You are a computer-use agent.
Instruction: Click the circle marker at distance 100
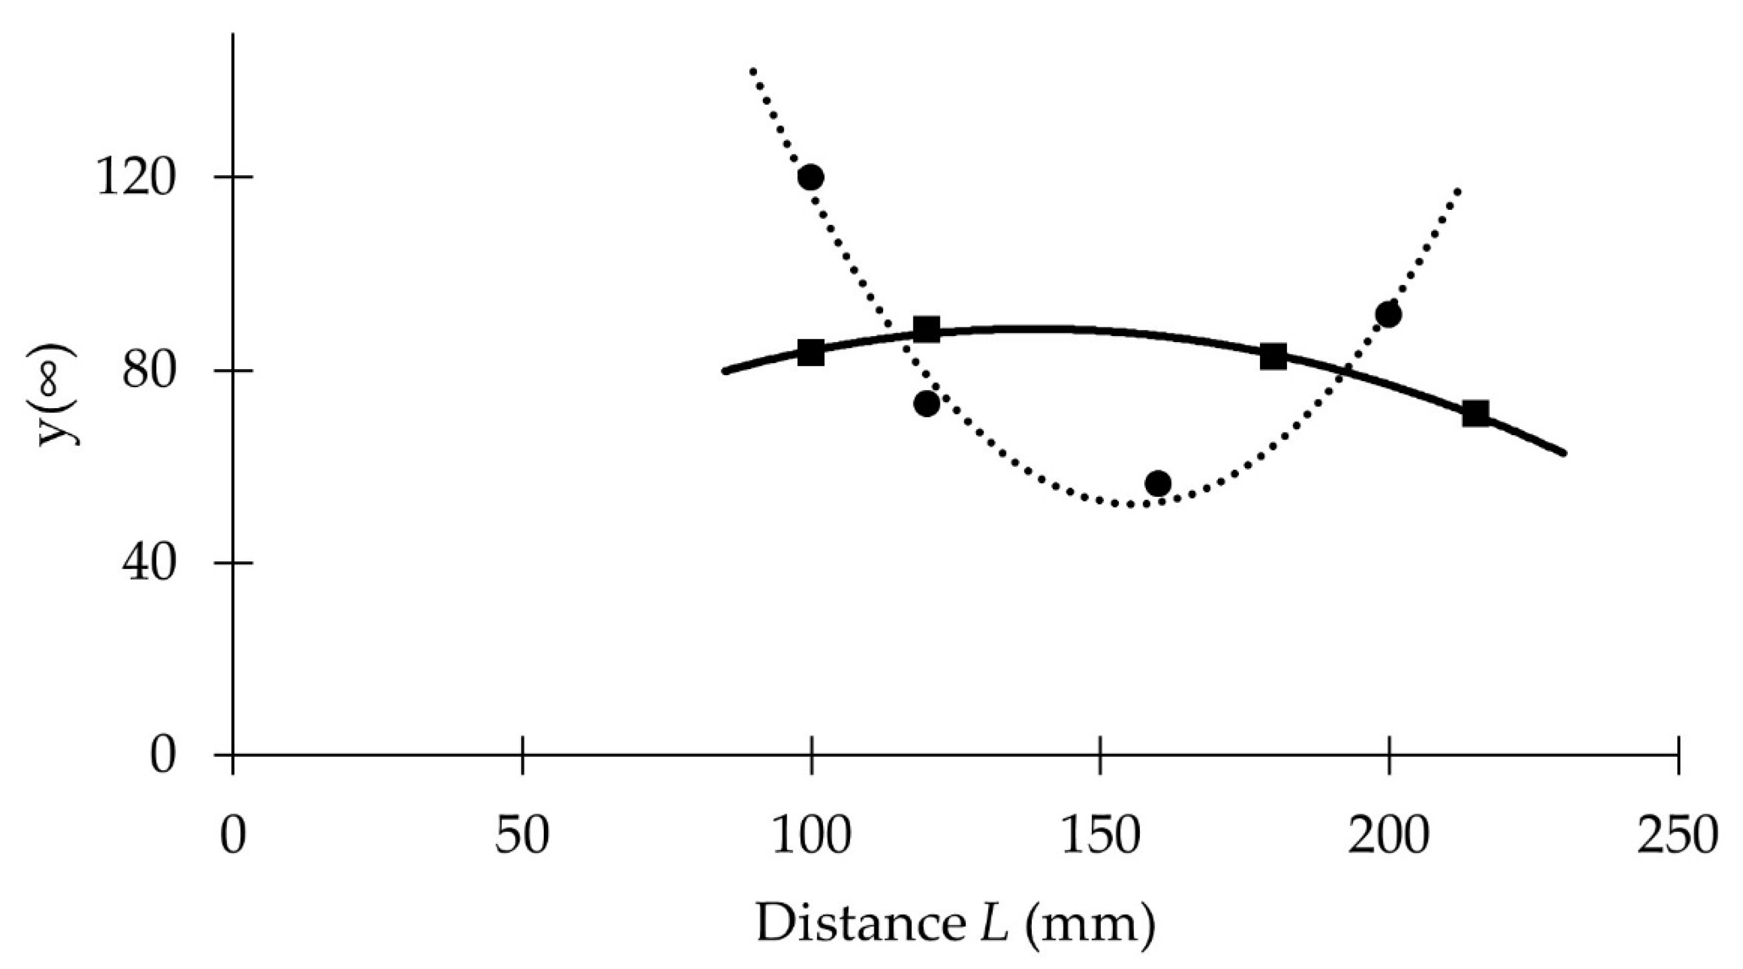pos(810,177)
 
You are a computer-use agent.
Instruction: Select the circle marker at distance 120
pos(926,403)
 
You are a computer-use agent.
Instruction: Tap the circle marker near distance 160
pos(1159,483)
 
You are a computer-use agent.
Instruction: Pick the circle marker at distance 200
pos(1388,315)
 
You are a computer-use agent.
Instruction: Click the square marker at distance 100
pos(810,353)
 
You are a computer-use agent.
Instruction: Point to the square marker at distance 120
pos(926,329)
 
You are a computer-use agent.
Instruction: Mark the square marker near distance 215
pos(1476,413)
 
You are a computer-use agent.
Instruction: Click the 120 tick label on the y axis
pos(136,178)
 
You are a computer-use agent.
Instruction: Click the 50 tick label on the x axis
pos(522,837)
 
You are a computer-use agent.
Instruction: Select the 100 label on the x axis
pos(810,837)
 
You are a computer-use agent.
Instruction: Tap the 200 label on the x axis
pos(1388,837)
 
